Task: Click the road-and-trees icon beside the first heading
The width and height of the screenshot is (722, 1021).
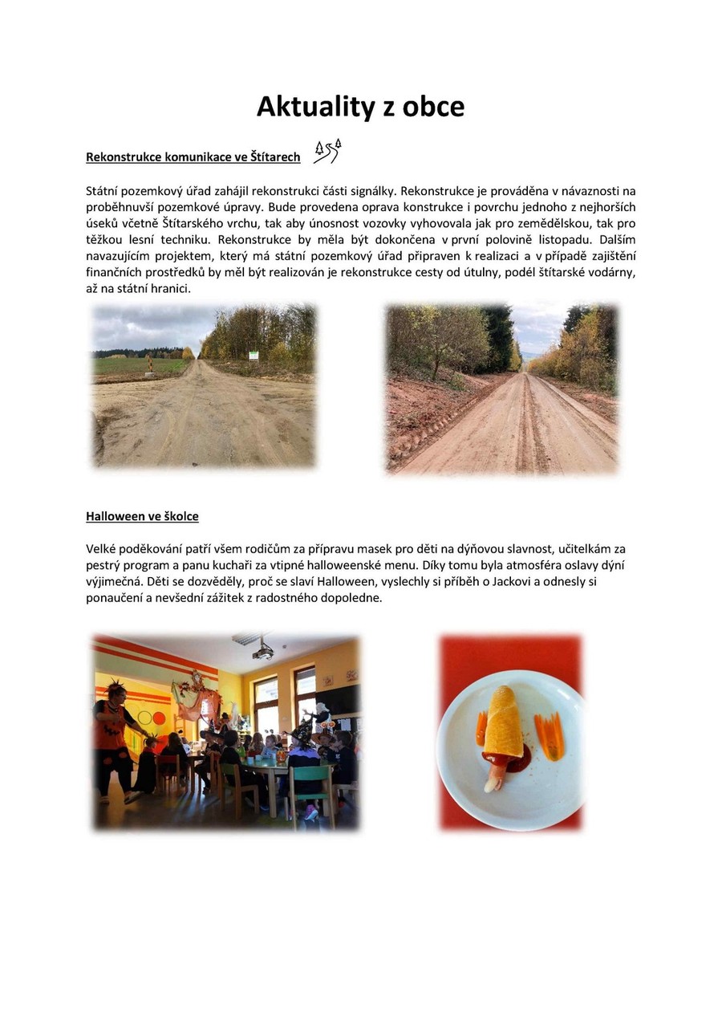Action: (x=327, y=151)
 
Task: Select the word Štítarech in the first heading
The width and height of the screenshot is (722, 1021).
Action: (x=274, y=157)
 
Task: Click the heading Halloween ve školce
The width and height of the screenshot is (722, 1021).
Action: (x=142, y=516)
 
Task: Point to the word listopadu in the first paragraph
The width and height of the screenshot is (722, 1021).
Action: (x=548, y=239)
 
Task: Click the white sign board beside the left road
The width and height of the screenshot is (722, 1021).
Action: (x=254, y=356)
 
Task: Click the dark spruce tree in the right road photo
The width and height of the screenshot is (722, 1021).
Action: (x=499, y=337)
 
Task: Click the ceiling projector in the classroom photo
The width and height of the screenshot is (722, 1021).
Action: (x=262, y=651)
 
